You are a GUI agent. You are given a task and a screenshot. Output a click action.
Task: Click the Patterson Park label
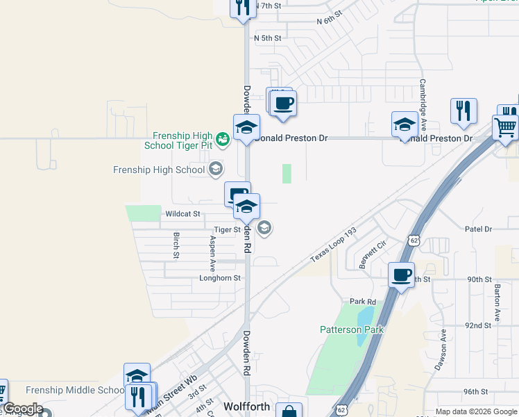(351, 329)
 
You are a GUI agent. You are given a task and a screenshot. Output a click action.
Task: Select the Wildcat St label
(182, 214)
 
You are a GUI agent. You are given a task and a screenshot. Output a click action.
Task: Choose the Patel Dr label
(478, 229)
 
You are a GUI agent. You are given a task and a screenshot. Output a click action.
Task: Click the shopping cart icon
(505, 128)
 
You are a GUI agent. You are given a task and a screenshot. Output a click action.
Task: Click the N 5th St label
(267, 38)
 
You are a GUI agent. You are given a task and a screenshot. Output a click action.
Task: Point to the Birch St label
(176, 245)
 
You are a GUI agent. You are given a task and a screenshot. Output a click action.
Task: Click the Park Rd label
(362, 302)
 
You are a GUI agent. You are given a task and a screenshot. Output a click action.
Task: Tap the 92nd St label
(478, 325)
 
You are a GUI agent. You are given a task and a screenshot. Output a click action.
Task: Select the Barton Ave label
(497, 302)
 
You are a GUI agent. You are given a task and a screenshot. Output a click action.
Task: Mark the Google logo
(24, 409)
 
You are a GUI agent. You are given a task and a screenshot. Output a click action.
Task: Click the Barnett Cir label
(372, 256)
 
